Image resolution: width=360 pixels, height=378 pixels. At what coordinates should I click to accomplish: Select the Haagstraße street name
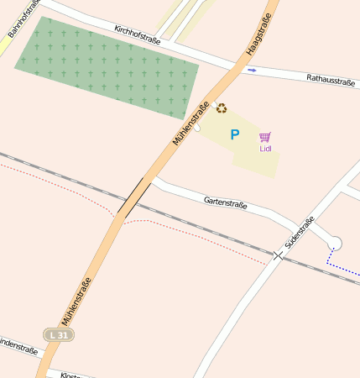pyautogui.click(x=259, y=35)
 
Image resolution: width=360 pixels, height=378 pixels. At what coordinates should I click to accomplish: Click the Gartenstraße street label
pyautogui.click(x=225, y=202)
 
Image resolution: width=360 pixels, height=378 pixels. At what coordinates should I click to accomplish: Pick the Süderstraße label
pyautogui.click(x=299, y=231)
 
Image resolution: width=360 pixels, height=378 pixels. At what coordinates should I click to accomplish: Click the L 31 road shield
pyautogui.click(x=59, y=334)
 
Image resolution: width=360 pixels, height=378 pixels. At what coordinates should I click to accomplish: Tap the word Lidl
pyautogui.click(x=265, y=149)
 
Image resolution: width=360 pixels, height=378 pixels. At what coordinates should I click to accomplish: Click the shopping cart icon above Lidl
pyautogui.click(x=265, y=137)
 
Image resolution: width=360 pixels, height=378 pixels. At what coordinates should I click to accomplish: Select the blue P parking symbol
pyautogui.click(x=235, y=134)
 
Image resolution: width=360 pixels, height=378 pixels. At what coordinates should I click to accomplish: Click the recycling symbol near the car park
pyautogui.click(x=222, y=108)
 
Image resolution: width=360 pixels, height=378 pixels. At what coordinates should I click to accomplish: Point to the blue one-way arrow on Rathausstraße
pyautogui.click(x=253, y=71)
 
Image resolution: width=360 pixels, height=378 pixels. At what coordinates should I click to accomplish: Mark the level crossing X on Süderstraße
pyautogui.click(x=278, y=255)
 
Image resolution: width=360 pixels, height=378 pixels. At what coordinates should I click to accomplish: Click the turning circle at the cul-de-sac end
pyautogui.click(x=335, y=244)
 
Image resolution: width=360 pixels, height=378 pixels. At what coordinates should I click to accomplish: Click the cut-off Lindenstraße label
pyautogui.click(x=18, y=345)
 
